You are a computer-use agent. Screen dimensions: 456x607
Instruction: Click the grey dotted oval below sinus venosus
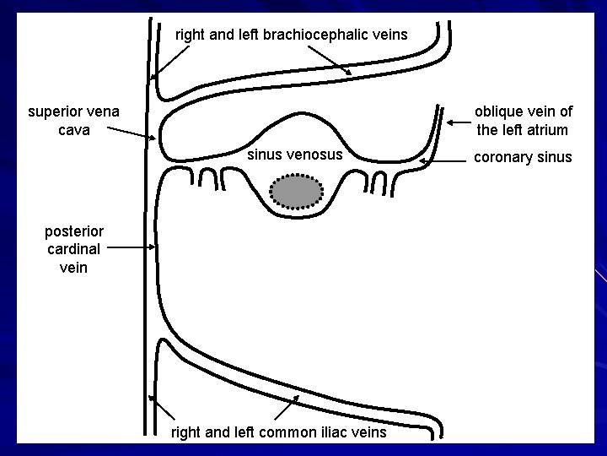point(298,192)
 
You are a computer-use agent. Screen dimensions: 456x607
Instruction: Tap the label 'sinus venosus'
point(294,155)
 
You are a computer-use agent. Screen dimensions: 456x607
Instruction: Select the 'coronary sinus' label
point(523,157)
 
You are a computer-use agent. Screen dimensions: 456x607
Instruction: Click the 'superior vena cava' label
point(73,120)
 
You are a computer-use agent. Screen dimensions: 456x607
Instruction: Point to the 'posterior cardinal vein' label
point(74,249)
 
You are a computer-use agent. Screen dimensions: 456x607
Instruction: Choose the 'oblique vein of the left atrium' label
point(523,121)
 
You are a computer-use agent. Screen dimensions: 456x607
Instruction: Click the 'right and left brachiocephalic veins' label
point(291,35)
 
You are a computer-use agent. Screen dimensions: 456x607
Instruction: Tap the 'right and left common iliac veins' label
point(279,432)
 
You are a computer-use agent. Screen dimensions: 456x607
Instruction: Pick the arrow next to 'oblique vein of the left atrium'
point(459,122)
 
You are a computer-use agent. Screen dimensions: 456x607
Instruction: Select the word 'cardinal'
point(74,249)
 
